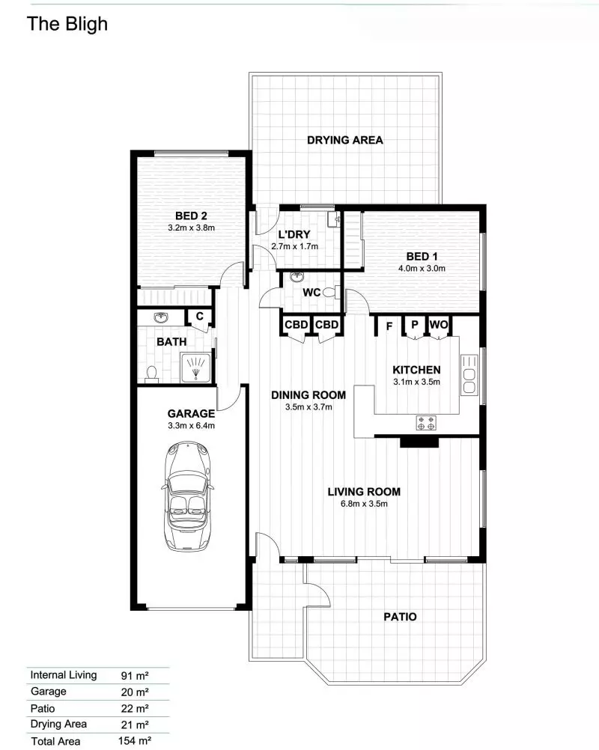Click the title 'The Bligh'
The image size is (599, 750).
pos(67,24)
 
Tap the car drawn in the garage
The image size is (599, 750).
pos(186,496)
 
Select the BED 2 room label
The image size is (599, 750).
pos(190,214)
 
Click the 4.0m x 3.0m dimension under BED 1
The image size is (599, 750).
pos(422,268)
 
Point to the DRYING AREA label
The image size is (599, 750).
pos(345,140)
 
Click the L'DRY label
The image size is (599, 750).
pos(294,234)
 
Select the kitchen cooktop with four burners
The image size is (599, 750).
pos(426,423)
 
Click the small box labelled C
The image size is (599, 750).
pos(199,317)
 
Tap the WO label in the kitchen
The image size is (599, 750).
pos(439,325)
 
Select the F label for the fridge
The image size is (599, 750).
pos(389,326)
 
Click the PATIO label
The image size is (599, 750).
pos(400,617)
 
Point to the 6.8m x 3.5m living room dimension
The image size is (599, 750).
pos(364,503)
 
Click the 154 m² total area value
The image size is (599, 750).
pos(136,741)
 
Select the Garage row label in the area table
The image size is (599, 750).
pos(49,692)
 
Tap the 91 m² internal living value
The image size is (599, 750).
pos(135,675)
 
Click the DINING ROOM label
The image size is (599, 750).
pos(308,395)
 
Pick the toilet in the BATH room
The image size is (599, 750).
pos(151,373)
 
